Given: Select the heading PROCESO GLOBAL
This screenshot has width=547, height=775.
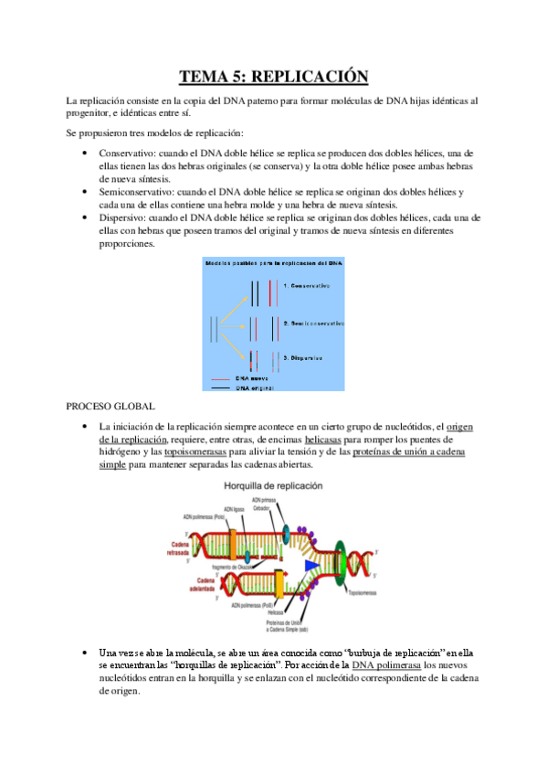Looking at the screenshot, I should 110,405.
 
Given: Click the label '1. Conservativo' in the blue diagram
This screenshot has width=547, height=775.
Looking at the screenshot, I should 313,286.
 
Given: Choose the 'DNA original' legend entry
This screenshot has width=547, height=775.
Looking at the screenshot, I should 256,387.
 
